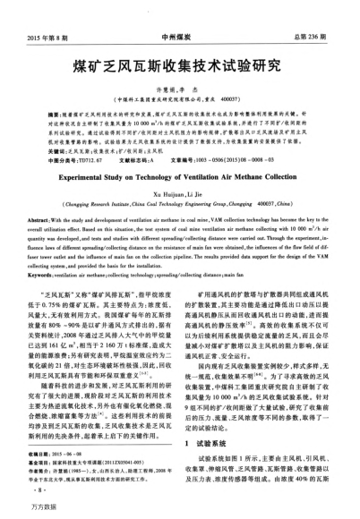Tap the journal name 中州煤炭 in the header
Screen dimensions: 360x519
(178, 13)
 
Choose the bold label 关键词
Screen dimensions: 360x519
(43, 127)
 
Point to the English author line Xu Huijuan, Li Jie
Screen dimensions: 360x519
(179, 168)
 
